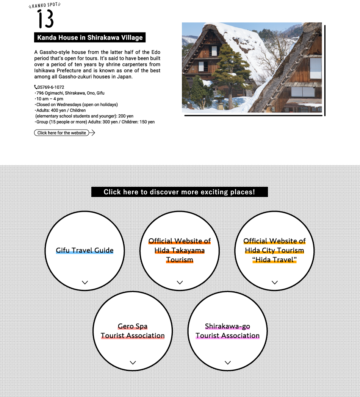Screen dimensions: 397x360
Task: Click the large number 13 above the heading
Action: tap(45, 19)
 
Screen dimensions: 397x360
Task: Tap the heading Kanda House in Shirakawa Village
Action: tap(90, 38)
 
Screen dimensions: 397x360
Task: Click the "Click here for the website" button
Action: tap(61, 133)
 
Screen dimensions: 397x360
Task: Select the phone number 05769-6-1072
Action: tap(51, 87)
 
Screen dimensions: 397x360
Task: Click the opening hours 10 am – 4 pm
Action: tap(50, 99)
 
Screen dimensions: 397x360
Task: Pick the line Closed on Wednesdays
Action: tap(77, 105)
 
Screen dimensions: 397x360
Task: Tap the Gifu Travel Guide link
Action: tap(85, 250)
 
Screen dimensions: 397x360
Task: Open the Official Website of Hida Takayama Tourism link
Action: tap(180, 250)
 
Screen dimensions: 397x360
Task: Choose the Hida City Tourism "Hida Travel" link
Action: tap(274, 250)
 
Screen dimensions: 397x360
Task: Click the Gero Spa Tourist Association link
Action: tap(133, 331)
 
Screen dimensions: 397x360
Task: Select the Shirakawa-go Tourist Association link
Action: tap(227, 331)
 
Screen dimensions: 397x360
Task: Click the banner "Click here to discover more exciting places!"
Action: tap(179, 192)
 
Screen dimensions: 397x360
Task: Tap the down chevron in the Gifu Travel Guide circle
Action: tap(85, 282)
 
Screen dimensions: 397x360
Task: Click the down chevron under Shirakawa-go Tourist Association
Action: tap(227, 363)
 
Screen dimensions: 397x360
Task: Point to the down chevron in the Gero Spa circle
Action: tap(133, 363)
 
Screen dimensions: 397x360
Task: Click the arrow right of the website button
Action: tap(92, 133)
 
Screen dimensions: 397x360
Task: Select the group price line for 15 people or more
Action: tap(95, 122)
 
